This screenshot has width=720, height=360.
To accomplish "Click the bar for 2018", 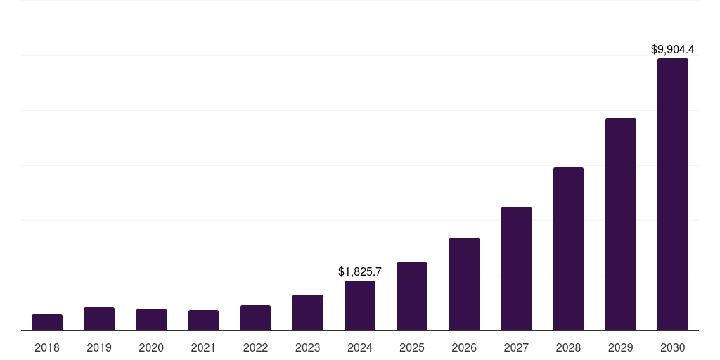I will click(47, 322).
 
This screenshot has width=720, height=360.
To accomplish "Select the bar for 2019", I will click(99, 319).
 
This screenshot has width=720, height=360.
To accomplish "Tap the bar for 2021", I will click(203, 320).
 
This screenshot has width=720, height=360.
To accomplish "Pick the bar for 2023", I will click(308, 312).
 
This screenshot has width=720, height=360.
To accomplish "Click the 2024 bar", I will click(360, 305).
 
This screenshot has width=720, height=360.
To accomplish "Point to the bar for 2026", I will click(464, 284).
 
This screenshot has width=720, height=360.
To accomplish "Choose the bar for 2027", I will click(516, 269).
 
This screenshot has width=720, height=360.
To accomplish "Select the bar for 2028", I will click(568, 249).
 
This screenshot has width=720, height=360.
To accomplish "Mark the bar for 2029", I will click(621, 224).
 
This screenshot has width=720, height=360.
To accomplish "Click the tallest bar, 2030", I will click(673, 194).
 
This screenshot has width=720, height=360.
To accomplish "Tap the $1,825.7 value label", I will click(360, 271).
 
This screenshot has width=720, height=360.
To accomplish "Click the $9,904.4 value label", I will click(673, 49).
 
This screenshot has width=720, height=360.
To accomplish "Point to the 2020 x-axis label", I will click(151, 347).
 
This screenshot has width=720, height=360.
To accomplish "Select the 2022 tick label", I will click(255, 347).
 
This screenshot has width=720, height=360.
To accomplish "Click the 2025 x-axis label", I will click(412, 347).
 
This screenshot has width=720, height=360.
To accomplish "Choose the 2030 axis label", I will click(673, 347).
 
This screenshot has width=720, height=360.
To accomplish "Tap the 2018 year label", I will click(47, 347).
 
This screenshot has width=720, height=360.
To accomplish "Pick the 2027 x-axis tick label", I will click(516, 347).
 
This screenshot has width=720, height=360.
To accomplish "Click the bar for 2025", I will click(412, 296).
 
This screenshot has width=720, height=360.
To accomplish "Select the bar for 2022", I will click(255, 318).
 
